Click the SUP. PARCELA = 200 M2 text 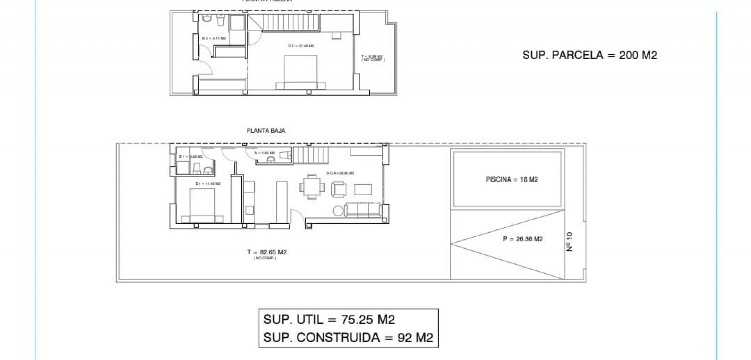point(589,55)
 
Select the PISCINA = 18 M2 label point(512,180)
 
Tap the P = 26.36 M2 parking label point(523,239)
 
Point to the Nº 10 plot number point(569,241)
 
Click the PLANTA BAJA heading point(266,131)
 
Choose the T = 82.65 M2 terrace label point(267,252)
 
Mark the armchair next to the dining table point(339,189)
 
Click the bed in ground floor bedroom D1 point(202,205)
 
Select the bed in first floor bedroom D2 point(300,72)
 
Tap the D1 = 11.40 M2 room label point(208,184)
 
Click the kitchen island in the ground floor point(282,202)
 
